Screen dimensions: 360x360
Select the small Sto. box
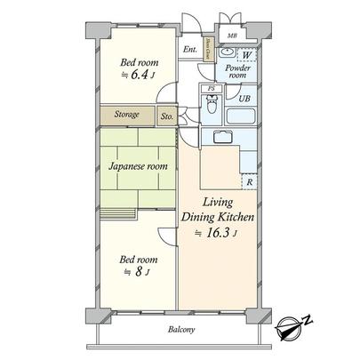[x=167, y=115]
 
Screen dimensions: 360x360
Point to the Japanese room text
[x=138, y=165]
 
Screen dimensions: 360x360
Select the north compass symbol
[x=293, y=331]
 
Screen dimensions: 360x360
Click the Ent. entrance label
[x=189, y=50]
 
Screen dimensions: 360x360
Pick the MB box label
[x=231, y=36]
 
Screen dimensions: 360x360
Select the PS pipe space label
[x=212, y=90]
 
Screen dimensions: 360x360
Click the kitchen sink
[x=220, y=136]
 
